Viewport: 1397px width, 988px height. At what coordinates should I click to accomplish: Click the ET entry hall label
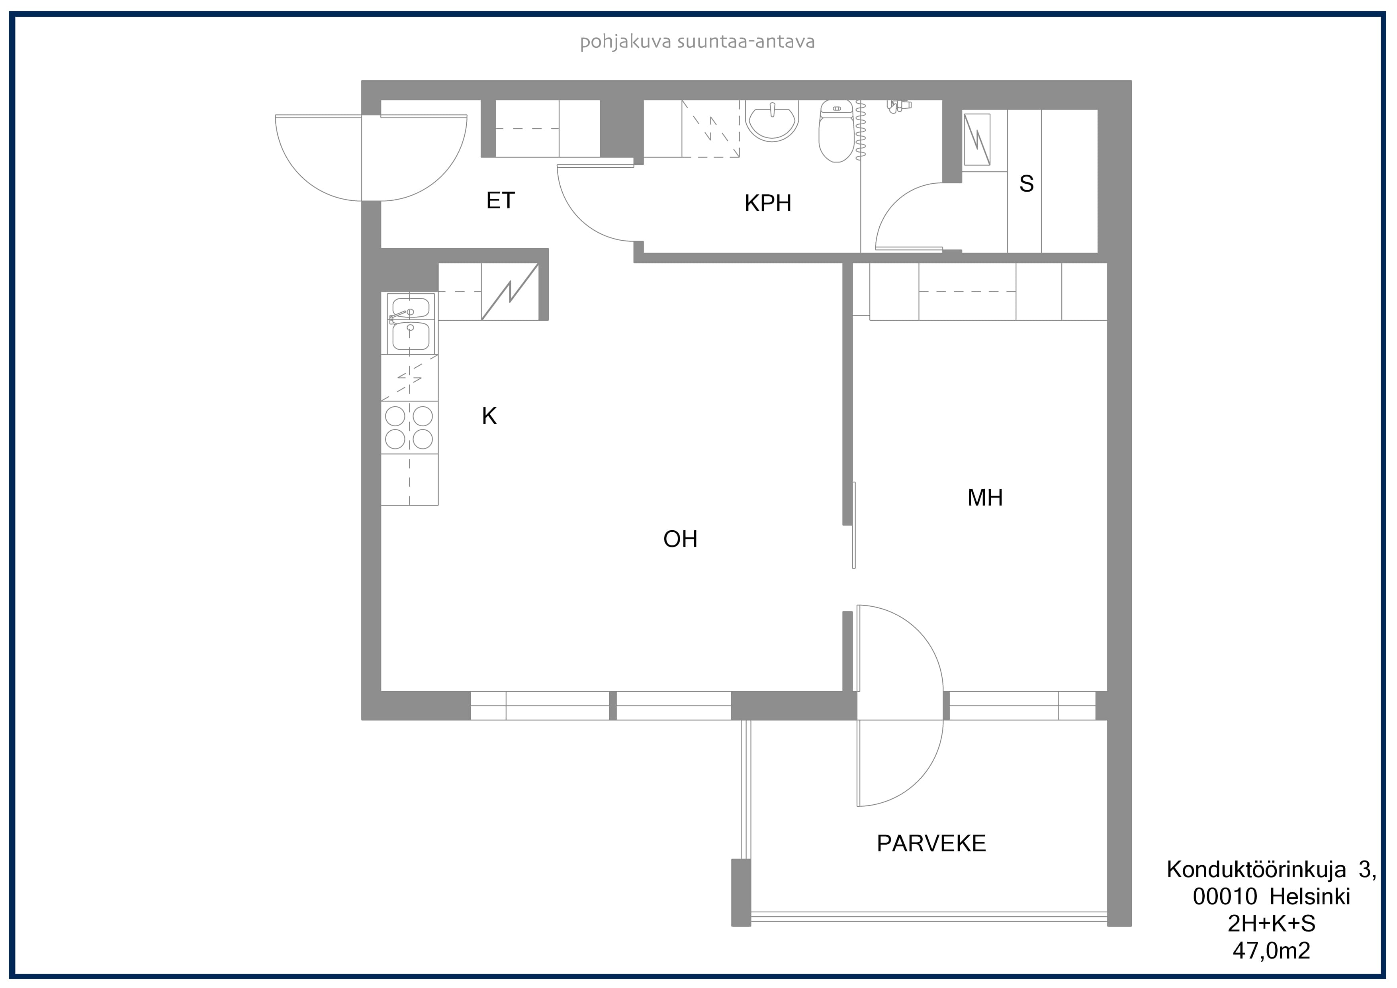[x=500, y=200]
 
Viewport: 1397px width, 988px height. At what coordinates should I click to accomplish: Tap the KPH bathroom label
[x=768, y=203]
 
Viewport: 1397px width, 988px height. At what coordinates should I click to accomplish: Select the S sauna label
[x=1027, y=183]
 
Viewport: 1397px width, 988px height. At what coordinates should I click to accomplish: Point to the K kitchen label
[x=489, y=416]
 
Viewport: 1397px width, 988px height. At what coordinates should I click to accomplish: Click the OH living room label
[x=680, y=539]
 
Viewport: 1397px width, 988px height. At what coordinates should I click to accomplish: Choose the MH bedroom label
[x=985, y=497]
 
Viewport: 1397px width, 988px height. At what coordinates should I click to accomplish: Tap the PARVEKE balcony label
[x=931, y=843]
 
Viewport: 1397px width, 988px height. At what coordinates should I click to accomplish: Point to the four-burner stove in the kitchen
[x=409, y=427]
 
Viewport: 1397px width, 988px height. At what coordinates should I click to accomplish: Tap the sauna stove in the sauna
[x=976, y=139]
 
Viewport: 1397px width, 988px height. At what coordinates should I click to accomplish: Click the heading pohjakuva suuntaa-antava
[x=697, y=42]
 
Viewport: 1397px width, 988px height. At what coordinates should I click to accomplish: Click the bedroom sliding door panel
[x=854, y=525]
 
